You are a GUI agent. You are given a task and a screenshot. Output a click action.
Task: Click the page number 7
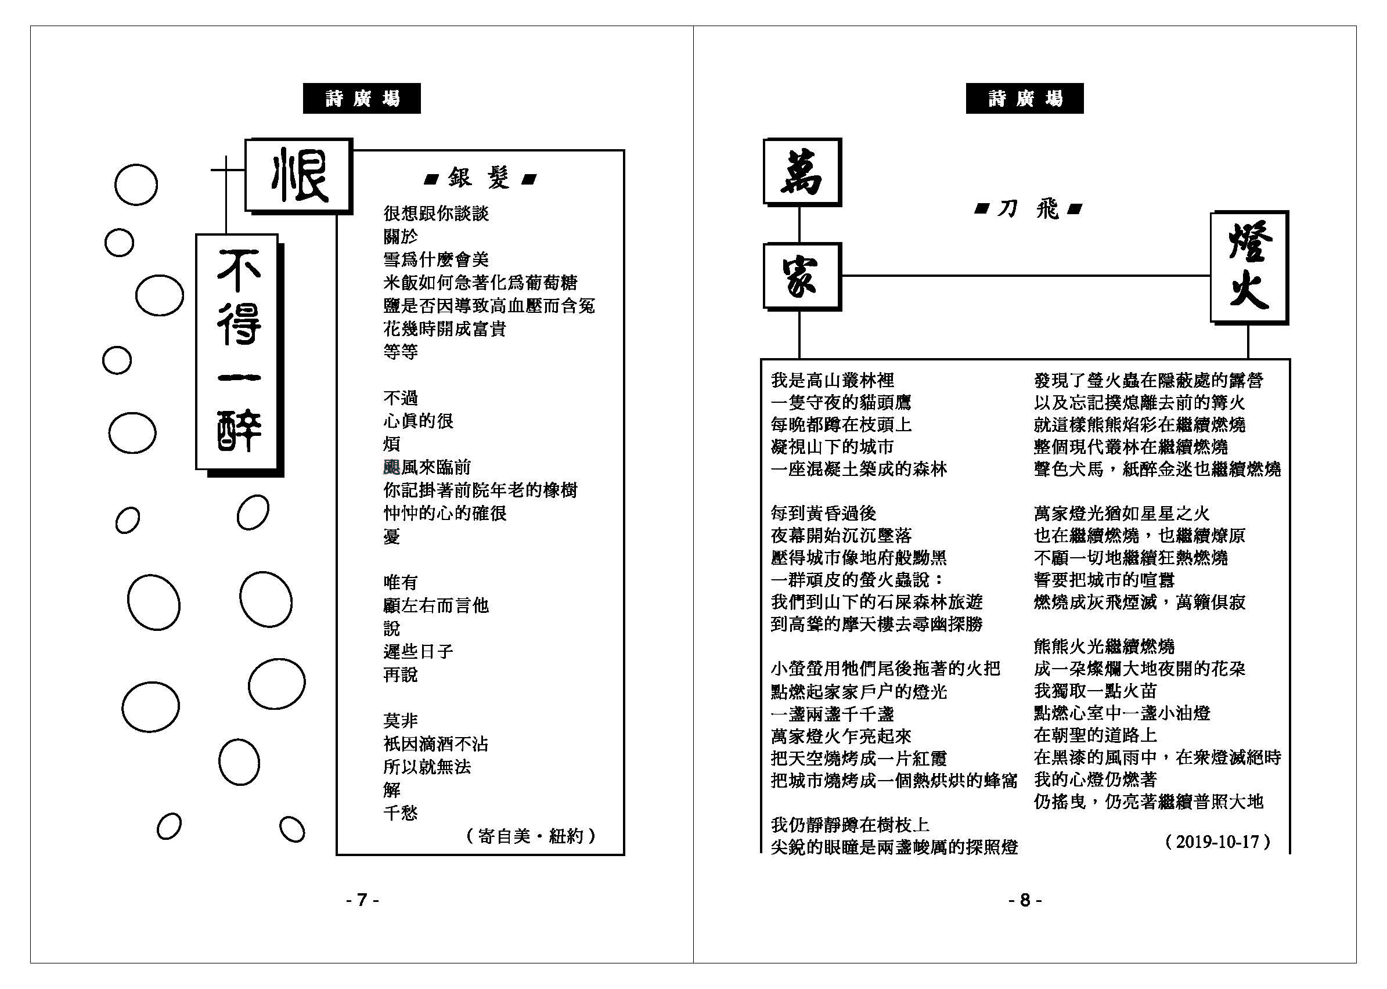(362, 900)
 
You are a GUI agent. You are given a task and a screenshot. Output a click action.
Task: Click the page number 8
(1025, 900)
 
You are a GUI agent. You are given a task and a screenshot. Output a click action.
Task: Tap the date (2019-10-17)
(1217, 842)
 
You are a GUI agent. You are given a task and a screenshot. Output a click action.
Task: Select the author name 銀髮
(480, 178)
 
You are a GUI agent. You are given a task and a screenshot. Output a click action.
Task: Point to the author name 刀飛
(1028, 210)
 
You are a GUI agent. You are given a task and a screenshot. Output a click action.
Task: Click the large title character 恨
(298, 176)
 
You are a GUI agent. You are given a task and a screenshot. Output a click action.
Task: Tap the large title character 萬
(802, 172)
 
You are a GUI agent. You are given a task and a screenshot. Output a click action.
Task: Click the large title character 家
(802, 276)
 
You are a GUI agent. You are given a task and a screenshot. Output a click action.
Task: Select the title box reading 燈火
(1249, 268)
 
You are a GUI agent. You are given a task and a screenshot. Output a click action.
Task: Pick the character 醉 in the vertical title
(239, 430)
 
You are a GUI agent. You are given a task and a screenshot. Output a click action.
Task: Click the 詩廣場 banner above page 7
(362, 98)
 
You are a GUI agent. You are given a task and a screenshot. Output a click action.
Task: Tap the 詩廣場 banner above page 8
(1025, 98)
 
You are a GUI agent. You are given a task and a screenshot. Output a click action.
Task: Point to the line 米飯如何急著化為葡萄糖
(481, 283)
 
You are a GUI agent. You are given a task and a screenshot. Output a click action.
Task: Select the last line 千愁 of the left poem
(401, 813)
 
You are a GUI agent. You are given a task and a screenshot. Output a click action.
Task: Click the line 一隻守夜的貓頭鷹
(841, 403)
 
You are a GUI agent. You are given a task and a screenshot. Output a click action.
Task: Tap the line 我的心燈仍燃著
(1095, 779)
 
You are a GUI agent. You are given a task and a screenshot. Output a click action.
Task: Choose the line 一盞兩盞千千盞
(833, 714)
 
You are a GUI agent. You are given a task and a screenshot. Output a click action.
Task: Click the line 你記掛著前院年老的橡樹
(481, 490)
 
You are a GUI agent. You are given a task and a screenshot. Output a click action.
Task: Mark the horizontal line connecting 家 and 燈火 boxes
(1026, 276)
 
